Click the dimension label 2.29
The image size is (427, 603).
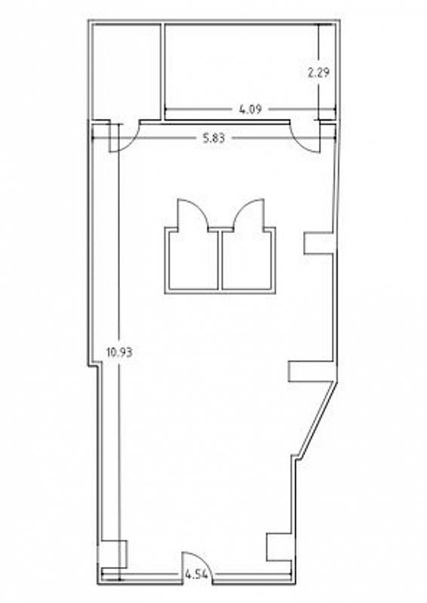click(319, 72)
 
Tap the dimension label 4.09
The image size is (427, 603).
click(250, 109)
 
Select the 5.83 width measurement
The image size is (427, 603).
click(213, 138)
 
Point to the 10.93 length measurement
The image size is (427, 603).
click(119, 352)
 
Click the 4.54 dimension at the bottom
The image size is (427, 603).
click(197, 575)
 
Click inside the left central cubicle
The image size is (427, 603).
click(193, 262)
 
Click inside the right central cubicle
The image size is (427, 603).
click(247, 262)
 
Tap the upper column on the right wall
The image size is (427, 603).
click(318, 243)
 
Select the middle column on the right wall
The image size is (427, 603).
click(312, 371)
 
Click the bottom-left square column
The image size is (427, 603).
click(114, 555)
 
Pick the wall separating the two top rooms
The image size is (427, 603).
click(162, 72)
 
